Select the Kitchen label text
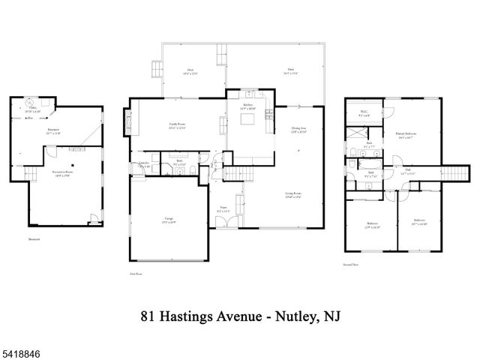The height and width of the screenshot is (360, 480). [247, 107]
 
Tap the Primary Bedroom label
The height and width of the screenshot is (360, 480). [406, 136]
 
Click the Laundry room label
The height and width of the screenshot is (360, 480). [144, 164]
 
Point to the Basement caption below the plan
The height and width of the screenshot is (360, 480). [34, 240]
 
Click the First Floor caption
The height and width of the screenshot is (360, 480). [135, 275]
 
